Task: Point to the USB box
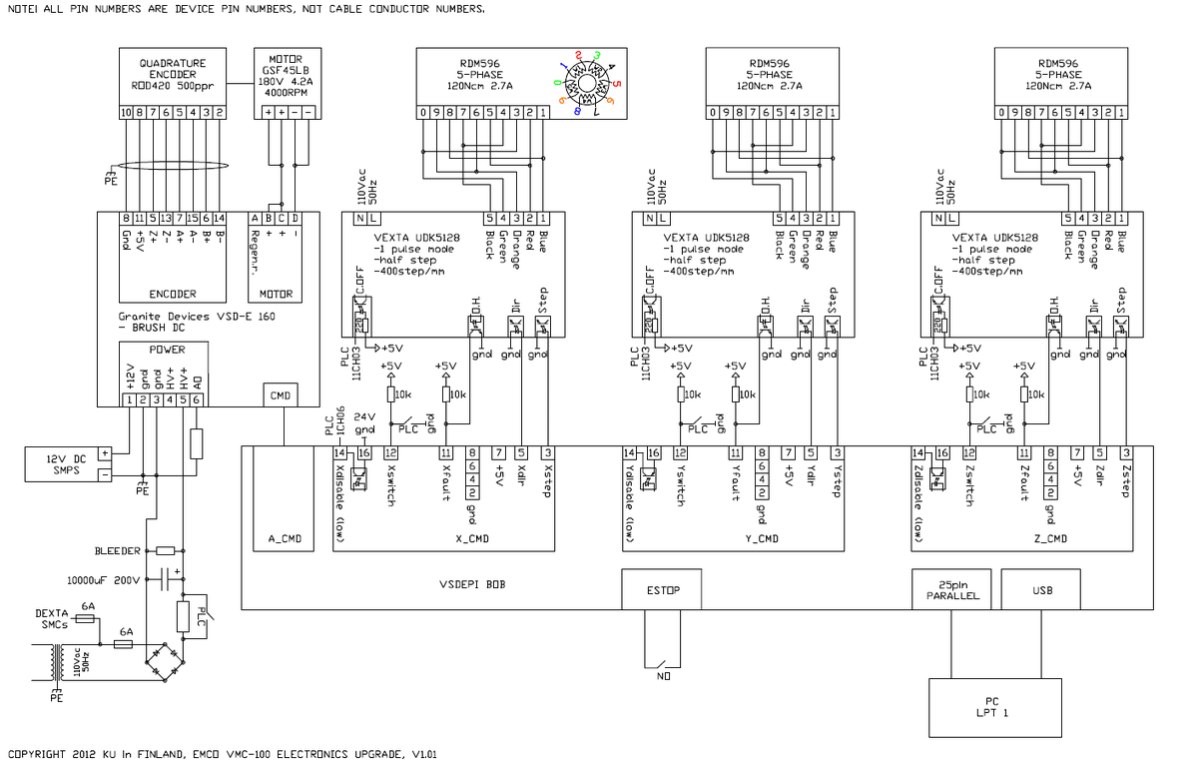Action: point(1041,590)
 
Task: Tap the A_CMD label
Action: point(285,538)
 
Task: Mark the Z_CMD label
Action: point(1048,538)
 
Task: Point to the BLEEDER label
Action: point(119,550)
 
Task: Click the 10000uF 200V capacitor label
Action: point(103,579)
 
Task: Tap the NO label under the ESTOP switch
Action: point(663,676)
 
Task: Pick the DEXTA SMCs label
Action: point(52,618)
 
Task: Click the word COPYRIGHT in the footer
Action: point(37,754)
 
